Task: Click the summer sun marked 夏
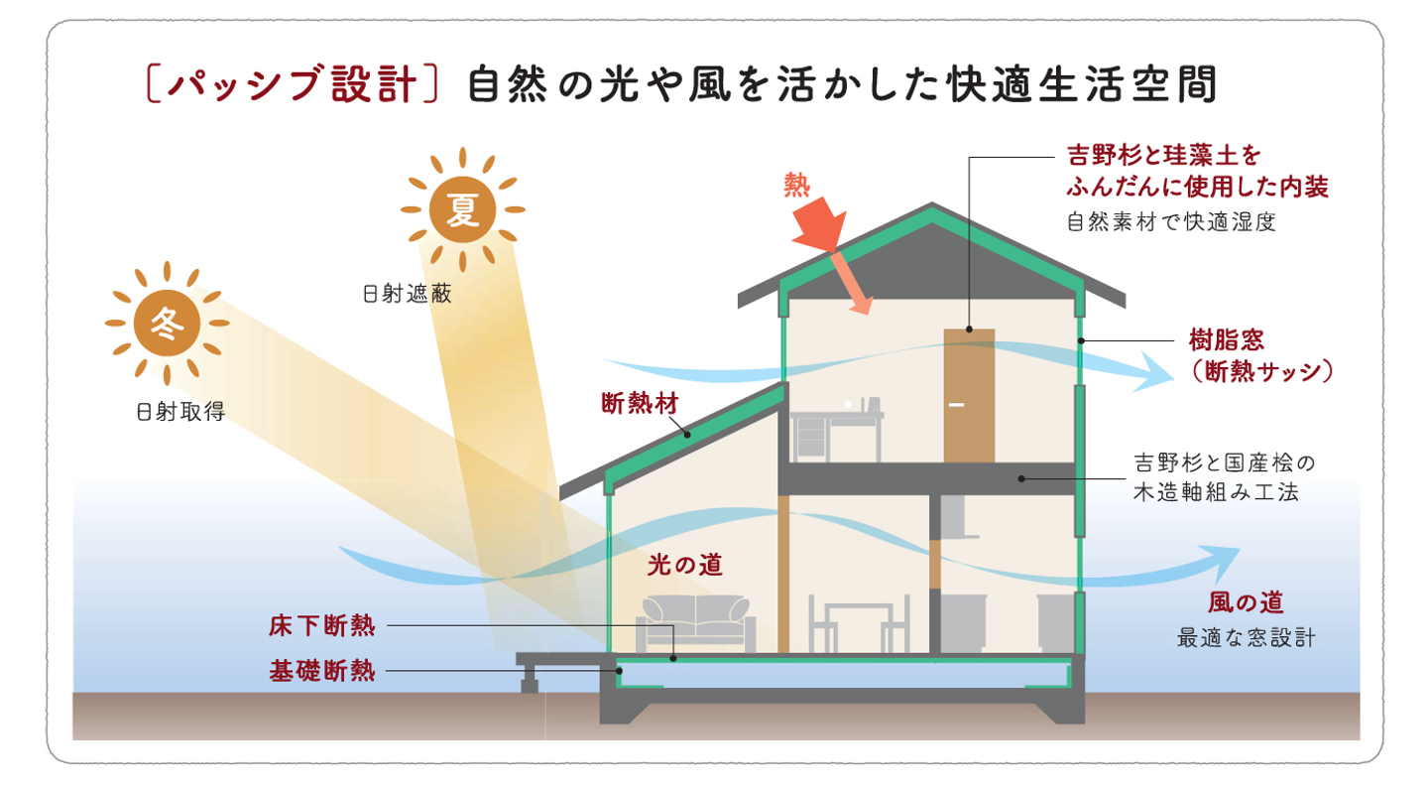[462, 209]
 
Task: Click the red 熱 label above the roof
[796, 184]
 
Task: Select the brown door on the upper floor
[968, 395]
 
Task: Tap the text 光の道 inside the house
[684, 565]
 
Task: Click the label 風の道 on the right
[1246, 601]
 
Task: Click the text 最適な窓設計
[1246, 637]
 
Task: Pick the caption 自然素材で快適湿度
[1170, 222]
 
